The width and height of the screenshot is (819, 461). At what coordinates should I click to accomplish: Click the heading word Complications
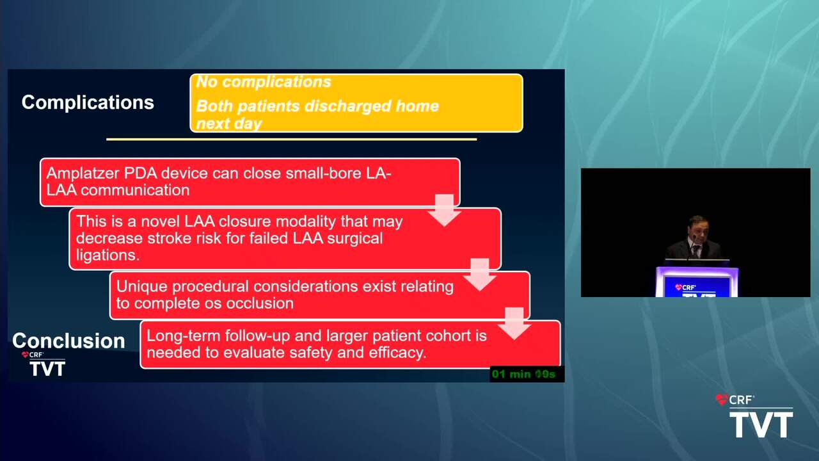point(88,102)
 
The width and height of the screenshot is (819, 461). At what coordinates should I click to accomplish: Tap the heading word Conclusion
point(68,341)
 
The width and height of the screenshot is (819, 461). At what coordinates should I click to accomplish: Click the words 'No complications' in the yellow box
point(264,82)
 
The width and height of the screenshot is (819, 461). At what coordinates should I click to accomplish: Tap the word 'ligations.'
point(108,255)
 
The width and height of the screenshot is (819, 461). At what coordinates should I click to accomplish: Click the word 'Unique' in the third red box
point(142,286)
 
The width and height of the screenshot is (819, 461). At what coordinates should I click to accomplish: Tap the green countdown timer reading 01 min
point(523,375)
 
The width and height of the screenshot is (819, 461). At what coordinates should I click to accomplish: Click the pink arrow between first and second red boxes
point(445,210)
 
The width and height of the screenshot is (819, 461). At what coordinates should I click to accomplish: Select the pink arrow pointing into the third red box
point(480,275)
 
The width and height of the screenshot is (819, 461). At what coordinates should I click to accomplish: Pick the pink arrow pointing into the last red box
point(514,323)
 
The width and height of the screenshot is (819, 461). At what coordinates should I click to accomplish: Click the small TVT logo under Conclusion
point(47,368)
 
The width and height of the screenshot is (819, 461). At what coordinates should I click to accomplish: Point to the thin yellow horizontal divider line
point(291,140)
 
